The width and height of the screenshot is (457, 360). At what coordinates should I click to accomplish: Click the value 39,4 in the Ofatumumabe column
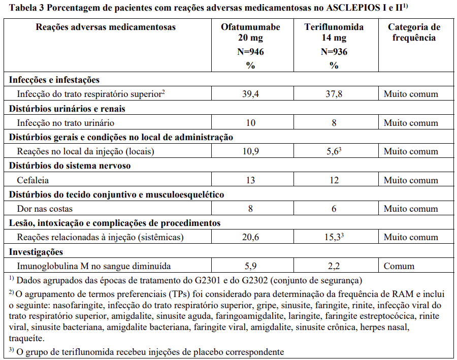click(x=250, y=94)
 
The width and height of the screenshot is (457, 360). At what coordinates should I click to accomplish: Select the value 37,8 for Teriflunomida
click(x=334, y=94)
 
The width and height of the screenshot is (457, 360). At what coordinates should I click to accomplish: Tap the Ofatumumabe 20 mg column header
click(x=250, y=32)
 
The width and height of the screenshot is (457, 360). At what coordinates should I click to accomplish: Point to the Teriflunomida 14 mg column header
click(x=334, y=32)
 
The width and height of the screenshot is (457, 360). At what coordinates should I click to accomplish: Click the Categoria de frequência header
click(x=414, y=32)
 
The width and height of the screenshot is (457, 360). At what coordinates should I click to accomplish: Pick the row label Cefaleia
click(x=33, y=180)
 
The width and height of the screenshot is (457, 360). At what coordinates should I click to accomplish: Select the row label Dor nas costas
click(x=45, y=209)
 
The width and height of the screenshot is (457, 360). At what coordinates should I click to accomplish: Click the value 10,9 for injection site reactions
click(x=250, y=151)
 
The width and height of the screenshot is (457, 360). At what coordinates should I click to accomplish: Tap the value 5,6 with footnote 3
click(x=333, y=151)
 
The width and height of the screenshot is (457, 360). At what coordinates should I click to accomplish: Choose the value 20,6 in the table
click(x=250, y=237)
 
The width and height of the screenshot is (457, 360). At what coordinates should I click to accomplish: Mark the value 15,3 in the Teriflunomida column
click(x=333, y=237)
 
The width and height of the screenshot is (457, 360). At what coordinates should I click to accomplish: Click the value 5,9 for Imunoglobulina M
click(x=250, y=266)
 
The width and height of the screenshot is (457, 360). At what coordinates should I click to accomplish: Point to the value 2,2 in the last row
click(x=334, y=266)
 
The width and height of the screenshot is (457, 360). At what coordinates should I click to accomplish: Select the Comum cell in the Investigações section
click(x=399, y=266)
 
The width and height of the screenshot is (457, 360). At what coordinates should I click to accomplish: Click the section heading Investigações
click(x=36, y=252)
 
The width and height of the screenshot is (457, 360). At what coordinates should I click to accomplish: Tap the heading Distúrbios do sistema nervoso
click(x=70, y=166)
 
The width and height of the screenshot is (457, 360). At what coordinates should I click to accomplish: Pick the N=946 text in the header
click(x=250, y=52)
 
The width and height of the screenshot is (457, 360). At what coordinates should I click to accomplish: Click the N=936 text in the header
click(x=334, y=52)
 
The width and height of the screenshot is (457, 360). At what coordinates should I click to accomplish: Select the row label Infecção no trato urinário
click(x=66, y=123)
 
